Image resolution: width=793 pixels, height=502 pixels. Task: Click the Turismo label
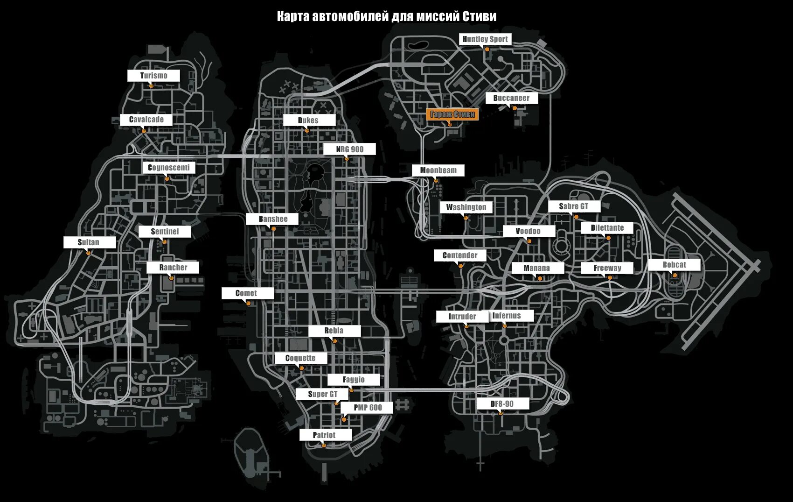pos(153,76)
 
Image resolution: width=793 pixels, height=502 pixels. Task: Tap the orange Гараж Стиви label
pos(452,114)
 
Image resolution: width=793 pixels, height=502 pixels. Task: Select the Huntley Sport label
pos(485,39)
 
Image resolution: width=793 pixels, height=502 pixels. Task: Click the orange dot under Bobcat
pos(675,276)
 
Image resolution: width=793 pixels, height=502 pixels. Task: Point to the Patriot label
pos(324,435)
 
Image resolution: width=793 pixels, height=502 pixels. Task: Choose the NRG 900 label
pos(349,149)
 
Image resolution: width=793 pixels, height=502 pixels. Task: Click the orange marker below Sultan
pos(88,253)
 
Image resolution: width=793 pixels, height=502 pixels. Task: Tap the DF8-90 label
pos(502,404)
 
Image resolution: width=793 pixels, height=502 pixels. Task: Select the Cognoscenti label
pos(168,168)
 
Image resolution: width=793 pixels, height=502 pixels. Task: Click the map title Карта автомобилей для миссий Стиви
pos(387,17)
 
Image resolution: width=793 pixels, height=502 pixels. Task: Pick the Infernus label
pos(507,316)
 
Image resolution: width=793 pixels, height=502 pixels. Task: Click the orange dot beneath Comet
pos(249,304)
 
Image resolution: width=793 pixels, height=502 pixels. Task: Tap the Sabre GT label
pos(573,206)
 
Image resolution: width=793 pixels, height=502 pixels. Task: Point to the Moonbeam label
pos(438,170)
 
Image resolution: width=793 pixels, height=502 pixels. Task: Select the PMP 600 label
pos(367,408)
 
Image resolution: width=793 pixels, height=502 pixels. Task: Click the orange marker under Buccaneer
pos(515,108)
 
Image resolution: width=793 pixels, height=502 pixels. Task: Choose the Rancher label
pos(173,268)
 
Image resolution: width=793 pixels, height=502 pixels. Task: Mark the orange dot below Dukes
pos(307,131)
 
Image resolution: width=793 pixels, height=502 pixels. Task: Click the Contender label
pos(460,255)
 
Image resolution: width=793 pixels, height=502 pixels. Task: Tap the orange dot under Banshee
pos(273,228)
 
